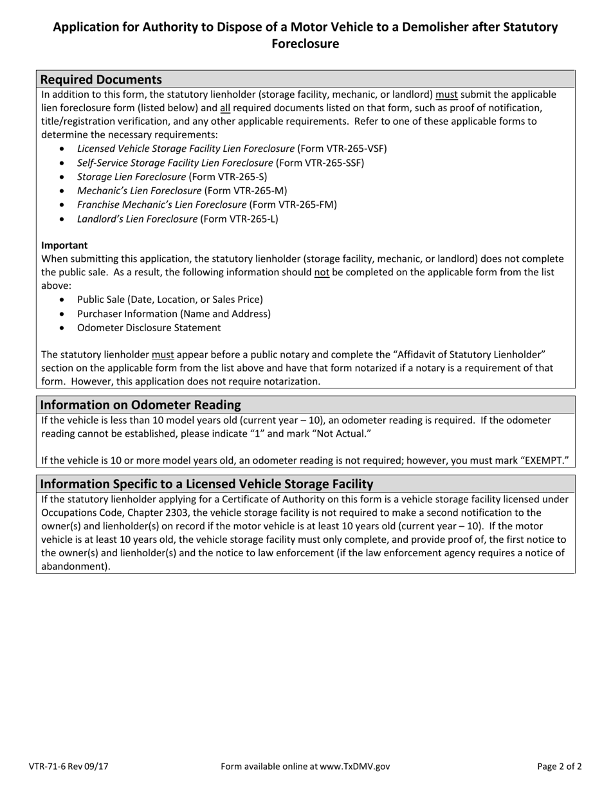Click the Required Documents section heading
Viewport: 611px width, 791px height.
click(x=101, y=80)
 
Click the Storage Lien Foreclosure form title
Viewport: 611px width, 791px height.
click(x=132, y=177)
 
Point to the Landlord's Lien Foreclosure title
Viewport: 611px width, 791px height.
click(x=137, y=219)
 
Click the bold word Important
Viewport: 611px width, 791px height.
click(x=64, y=245)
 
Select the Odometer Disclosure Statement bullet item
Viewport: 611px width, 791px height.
click(x=149, y=327)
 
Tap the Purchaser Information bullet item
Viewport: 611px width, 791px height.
click(x=174, y=314)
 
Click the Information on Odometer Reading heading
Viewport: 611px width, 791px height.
click(x=140, y=405)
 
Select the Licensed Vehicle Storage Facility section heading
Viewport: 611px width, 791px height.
click(x=206, y=484)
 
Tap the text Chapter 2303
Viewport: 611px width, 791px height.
click(x=160, y=513)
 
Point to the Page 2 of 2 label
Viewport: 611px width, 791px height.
click(x=560, y=766)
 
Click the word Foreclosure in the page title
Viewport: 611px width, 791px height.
click(x=305, y=44)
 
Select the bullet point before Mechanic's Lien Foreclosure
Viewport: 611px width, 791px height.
click(x=62, y=191)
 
